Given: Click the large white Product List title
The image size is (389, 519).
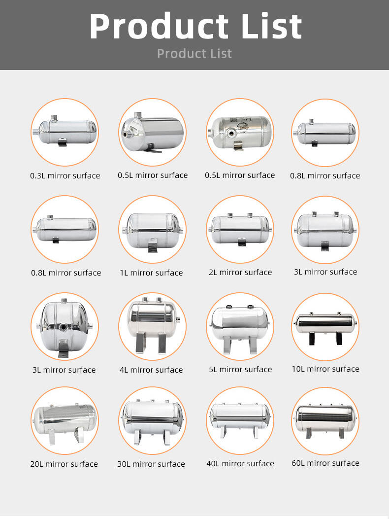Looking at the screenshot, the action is (195, 26).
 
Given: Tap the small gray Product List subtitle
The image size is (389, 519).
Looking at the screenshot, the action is (194, 54).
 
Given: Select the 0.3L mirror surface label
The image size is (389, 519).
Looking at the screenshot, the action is (65, 175).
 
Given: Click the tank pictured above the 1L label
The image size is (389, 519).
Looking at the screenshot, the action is (153, 232).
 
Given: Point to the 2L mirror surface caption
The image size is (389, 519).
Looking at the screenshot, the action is (240, 273).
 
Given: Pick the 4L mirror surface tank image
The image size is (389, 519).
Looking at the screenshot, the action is (153, 325).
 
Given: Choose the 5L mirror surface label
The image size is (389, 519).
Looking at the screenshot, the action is (240, 369).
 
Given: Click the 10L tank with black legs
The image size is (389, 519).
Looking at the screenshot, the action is (325, 328).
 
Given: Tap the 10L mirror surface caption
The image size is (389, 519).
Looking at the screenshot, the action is (325, 369).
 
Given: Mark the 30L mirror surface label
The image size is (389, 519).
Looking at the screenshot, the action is (151, 464).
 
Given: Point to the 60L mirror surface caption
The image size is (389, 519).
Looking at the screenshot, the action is (325, 463).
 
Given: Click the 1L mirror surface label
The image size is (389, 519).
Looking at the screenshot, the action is (151, 273).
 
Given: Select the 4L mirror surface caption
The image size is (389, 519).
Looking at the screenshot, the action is (151, 370).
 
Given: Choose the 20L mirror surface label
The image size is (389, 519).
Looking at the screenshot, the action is (64, 464).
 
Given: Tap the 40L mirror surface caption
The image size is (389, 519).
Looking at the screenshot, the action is (240, 463).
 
